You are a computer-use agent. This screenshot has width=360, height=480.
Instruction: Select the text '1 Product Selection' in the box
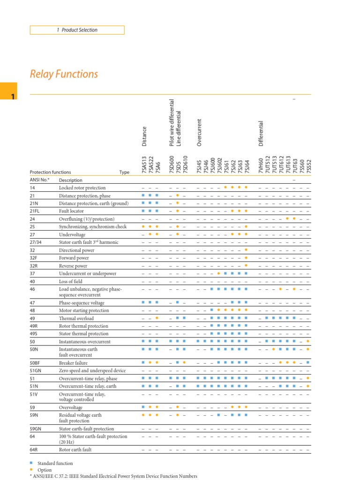(x=77, y=30)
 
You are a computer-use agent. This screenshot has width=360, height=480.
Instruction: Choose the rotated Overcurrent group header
(x=199, y=135)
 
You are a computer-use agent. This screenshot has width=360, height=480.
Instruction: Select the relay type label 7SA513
(x=144, y=165)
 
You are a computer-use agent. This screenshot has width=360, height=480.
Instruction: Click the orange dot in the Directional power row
(x=246, y=250)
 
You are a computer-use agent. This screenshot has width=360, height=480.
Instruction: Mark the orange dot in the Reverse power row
(x=246, y=265)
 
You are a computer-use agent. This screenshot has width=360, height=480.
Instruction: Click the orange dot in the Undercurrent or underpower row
(x=218, y=273)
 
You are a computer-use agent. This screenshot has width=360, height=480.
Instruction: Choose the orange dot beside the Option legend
(x=31, y=469)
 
